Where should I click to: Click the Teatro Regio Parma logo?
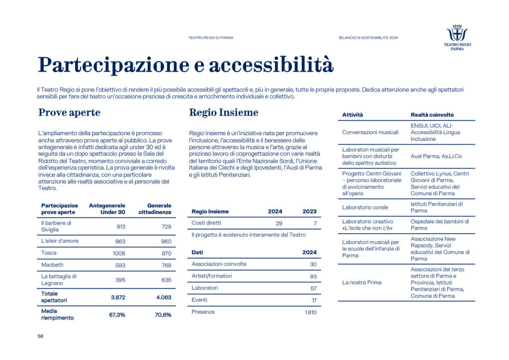pyautogui.click(x=457, y=37)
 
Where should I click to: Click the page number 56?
pyautogui.click(x=40, y=336)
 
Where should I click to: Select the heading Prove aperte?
pyautogui.click(x=69, y=113)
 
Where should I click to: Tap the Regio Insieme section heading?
pyautogui.click(x=223, y=113)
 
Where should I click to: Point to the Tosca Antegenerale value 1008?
pyautogui.click(x=118, y=253)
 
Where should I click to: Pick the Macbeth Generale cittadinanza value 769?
pyautogui.click(x=165, y=265)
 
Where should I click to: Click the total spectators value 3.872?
pyautogui.click(x=117, y=297)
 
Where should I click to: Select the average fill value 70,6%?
pyautogui.click(x=163, y=315)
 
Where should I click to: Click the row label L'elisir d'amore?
pyautogui.click(x=60, y=241)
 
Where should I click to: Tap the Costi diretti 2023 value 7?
pyautogui.click(x=314, y=223)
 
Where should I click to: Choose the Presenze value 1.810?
pyautogui.click(x=310, y=312)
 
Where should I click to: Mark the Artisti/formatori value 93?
pyautogui.click(x=313, y=276)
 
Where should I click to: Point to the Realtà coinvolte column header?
pyautogui.click(x=432, y=115)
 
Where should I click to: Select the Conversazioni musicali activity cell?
pyautogui.click(x=371, y=132)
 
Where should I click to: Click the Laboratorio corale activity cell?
pyautogui.click(x=365, y=207)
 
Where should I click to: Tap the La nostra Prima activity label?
pyautogui.click(x=362, y=282)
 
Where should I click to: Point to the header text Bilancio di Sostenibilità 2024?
pyautogui.click(x=368, y=38)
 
